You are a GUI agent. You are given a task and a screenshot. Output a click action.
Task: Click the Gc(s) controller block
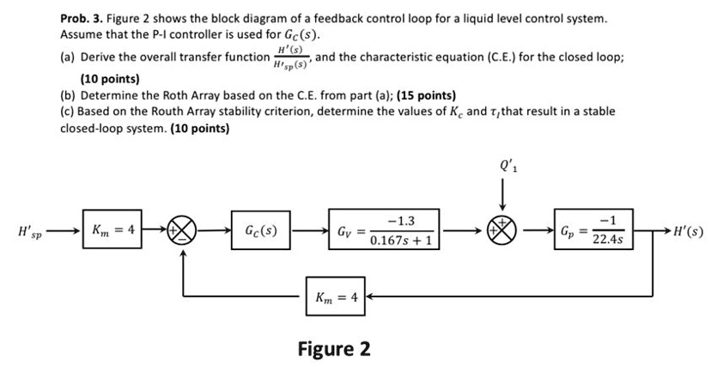260,230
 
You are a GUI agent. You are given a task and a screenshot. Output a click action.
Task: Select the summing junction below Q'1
501,230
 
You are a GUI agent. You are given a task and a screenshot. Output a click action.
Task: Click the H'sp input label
29,231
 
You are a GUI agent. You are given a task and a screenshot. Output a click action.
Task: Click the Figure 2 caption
334,349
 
